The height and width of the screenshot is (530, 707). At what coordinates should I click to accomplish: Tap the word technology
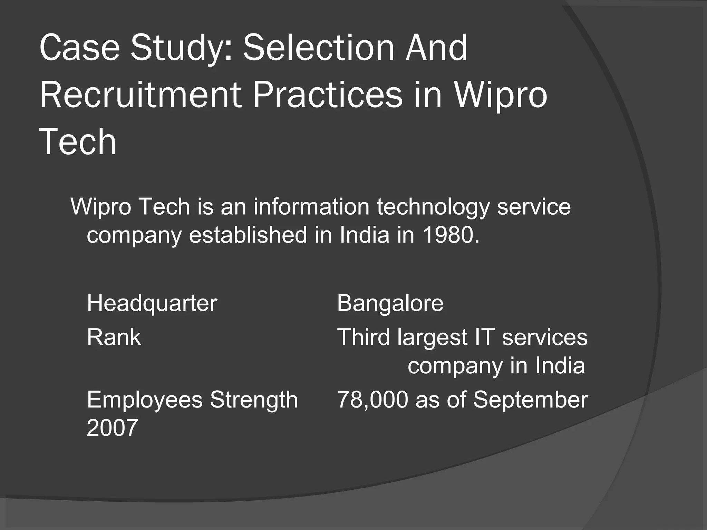433,207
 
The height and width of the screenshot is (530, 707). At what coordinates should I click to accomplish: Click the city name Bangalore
390,303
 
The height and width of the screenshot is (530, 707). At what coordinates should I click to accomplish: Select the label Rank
114,337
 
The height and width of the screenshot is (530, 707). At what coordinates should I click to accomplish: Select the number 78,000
372,400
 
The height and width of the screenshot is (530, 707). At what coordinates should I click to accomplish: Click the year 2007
112,428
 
